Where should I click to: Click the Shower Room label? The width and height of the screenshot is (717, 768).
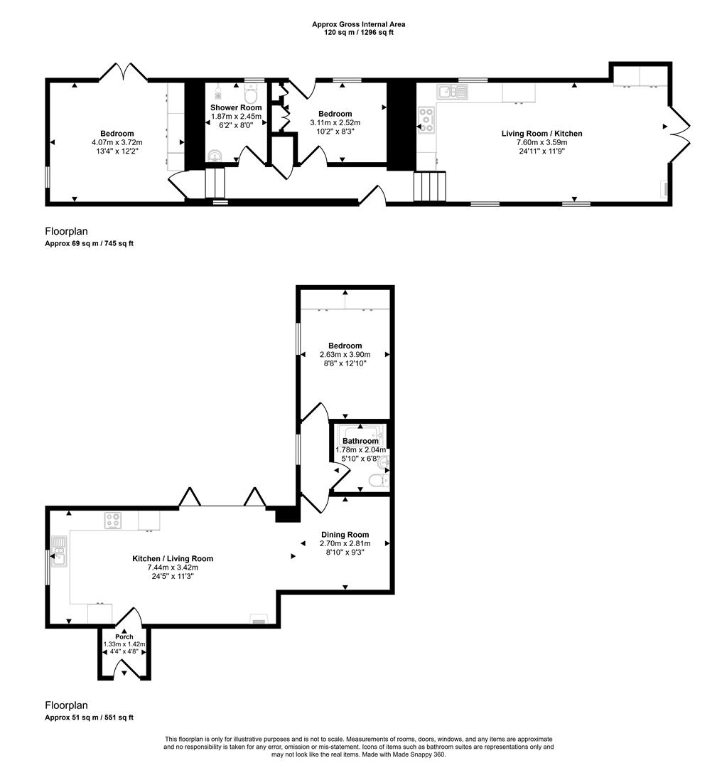[236, 107]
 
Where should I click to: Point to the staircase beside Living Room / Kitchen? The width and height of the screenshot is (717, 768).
[430, 186]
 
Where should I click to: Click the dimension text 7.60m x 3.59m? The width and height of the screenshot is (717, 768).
[541, 142]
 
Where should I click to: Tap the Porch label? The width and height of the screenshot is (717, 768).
[124, 636]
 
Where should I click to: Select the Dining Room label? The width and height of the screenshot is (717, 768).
[345, 535]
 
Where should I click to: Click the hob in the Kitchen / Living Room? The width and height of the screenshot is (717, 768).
[113, 521]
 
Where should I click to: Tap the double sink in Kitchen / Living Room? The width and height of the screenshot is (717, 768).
[58, 550]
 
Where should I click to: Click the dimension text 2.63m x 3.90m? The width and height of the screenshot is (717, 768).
[345, 355]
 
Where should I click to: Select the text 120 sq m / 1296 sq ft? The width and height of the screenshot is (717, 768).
[358, 33]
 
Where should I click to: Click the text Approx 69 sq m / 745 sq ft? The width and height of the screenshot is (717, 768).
[89, 243]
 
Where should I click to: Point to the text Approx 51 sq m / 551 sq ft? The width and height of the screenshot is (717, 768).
[89, 718]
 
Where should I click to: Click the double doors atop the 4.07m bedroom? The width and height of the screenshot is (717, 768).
[124, 71]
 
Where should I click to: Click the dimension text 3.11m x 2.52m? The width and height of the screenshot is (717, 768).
[335, 122]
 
